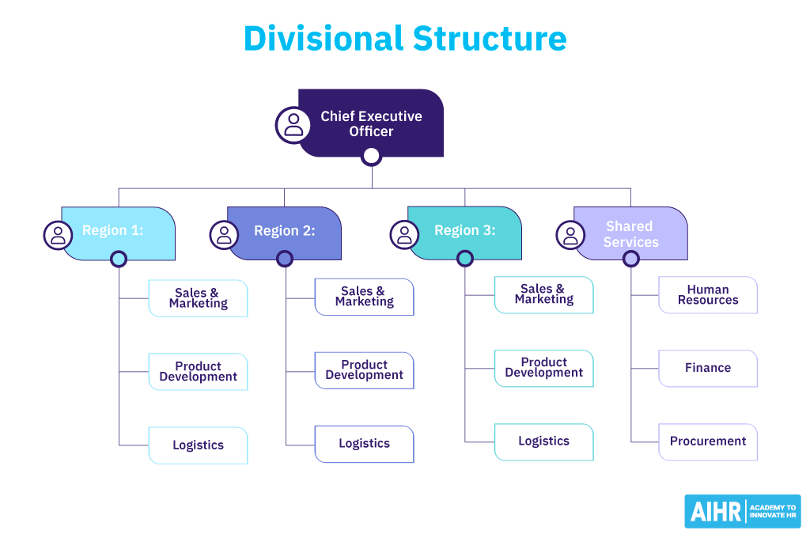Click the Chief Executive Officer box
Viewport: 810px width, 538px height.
[371, 123]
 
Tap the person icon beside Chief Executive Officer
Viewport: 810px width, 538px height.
[293, 124]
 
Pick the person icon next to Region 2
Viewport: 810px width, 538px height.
[225, 234]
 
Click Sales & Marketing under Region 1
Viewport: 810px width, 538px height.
[198, 298]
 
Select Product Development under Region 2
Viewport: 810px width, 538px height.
[364, 370]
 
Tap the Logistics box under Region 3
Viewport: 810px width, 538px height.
[543, 441]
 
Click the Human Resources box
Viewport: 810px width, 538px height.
[708, 295]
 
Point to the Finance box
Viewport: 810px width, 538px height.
[708, 368]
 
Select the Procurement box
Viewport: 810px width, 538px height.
[708, 441]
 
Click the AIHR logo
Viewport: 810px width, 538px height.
[742, 511]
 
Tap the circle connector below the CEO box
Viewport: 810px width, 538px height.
[371, 156]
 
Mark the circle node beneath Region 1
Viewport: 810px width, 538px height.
[119, 259]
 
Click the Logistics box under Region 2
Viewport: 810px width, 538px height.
[364, 444]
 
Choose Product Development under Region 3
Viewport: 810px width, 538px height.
[543, 368]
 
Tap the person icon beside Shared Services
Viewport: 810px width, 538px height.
[571, 234]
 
